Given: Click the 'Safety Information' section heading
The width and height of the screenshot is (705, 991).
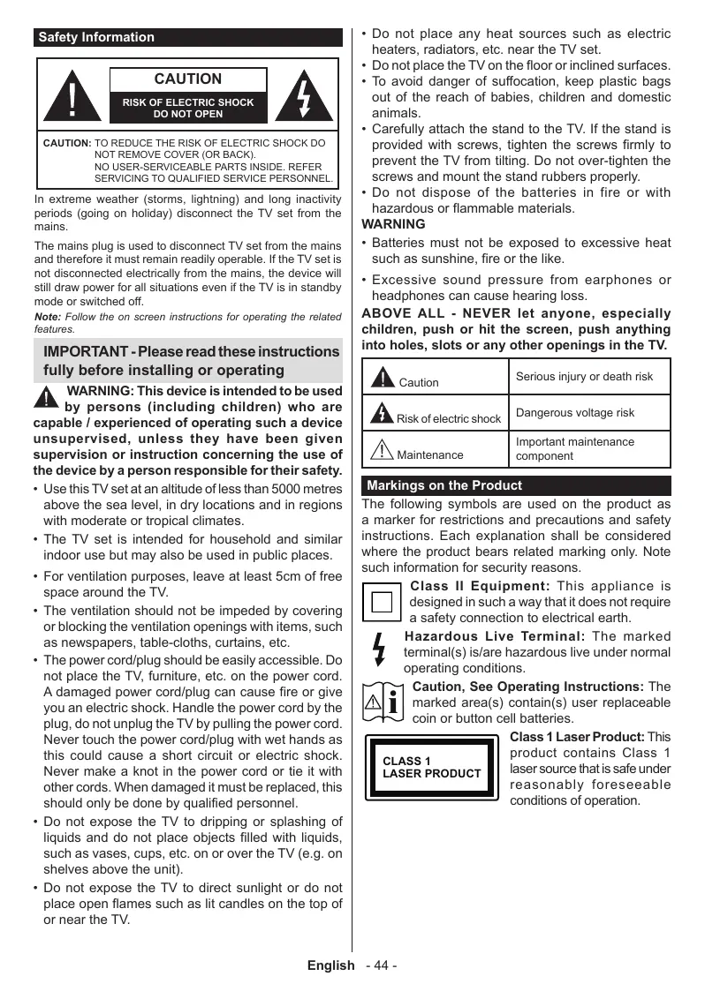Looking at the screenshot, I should (x=96, y=38).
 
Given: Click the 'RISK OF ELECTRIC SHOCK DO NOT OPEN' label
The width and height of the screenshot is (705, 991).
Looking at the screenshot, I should (x=188, y=108).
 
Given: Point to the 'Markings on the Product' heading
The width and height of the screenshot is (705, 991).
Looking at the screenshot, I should (x=443, y=485).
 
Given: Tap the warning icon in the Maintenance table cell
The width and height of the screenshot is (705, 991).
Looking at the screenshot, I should (x=382, y=450).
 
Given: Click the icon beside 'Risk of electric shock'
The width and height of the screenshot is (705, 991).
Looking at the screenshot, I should (x=383, y=413).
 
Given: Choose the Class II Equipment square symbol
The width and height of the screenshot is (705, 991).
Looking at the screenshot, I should (x=382, y=603).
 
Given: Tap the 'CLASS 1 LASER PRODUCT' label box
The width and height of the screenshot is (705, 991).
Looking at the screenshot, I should (x=432, y=768).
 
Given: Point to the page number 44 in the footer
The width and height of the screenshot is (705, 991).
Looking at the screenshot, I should (x=382, y=965).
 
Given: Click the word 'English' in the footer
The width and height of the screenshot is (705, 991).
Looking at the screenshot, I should (x=330, y=965).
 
